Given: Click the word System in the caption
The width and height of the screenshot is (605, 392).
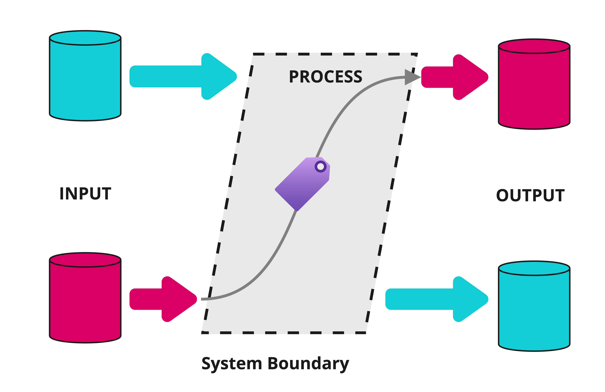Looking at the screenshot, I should [232, 364].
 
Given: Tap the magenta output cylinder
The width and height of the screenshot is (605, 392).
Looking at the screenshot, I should [534, 89].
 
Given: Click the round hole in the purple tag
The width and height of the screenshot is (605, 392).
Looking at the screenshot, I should [321, 167].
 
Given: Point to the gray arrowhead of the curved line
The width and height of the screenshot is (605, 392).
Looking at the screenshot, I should [411, 77].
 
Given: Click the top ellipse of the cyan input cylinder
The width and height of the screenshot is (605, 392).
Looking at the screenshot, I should [85, 38].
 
